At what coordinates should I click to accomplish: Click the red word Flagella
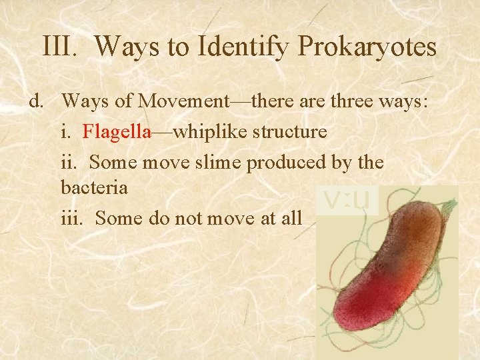(117, 131)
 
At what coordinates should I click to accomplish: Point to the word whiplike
(209, 132)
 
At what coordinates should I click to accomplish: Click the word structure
(289, 131)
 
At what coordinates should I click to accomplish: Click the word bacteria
(94, 187)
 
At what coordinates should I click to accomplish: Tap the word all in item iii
(292, 217)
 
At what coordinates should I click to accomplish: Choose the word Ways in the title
(125, 48)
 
